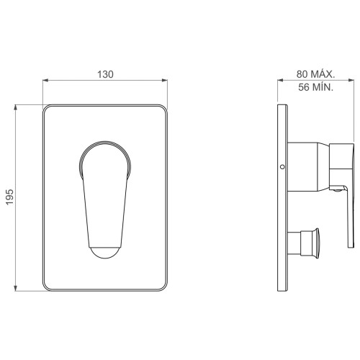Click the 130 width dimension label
pyautogui.click(x=105, y=74)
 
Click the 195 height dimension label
pyautogui.click(x=10, y=197)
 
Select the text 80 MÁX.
pyautogui.click(x=315, y=74)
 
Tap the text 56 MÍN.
pyautogui.click(x=316, y=87)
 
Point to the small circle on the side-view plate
pyautogui.click(x=282, y=166)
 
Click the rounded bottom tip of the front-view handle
pyautogui.click(x=105, y=253)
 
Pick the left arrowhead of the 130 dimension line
pyautogui.click(x=45, y=80)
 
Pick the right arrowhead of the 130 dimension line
pyautogui.click(x=165, y=80)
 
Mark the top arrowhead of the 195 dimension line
pyautogui.click(x=16, y=107)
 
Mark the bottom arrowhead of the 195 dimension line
pyautogui.click(x=16, y=288)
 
